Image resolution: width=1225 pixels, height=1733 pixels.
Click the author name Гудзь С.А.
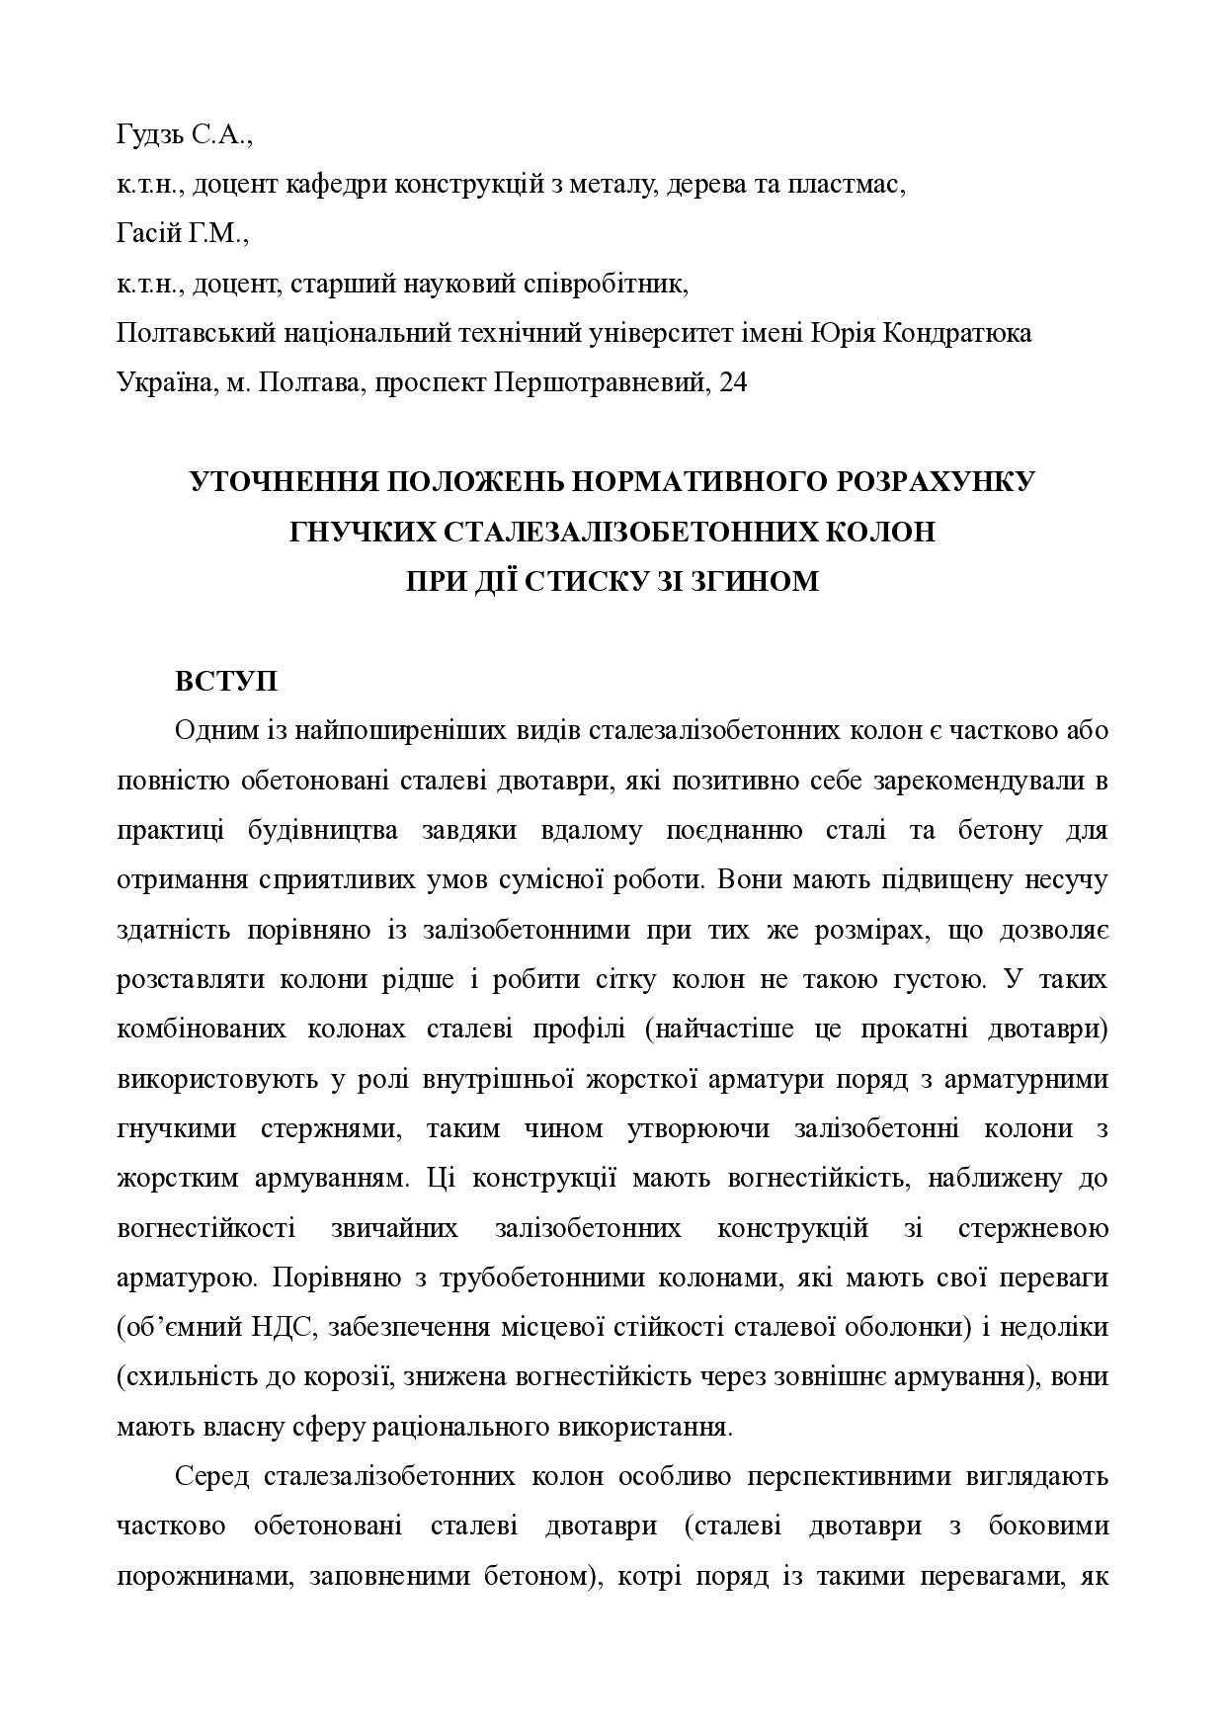coord(184,136)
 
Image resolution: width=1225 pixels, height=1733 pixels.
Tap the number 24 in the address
coord(734,383)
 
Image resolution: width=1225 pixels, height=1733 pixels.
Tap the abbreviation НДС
coord(286,1328)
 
